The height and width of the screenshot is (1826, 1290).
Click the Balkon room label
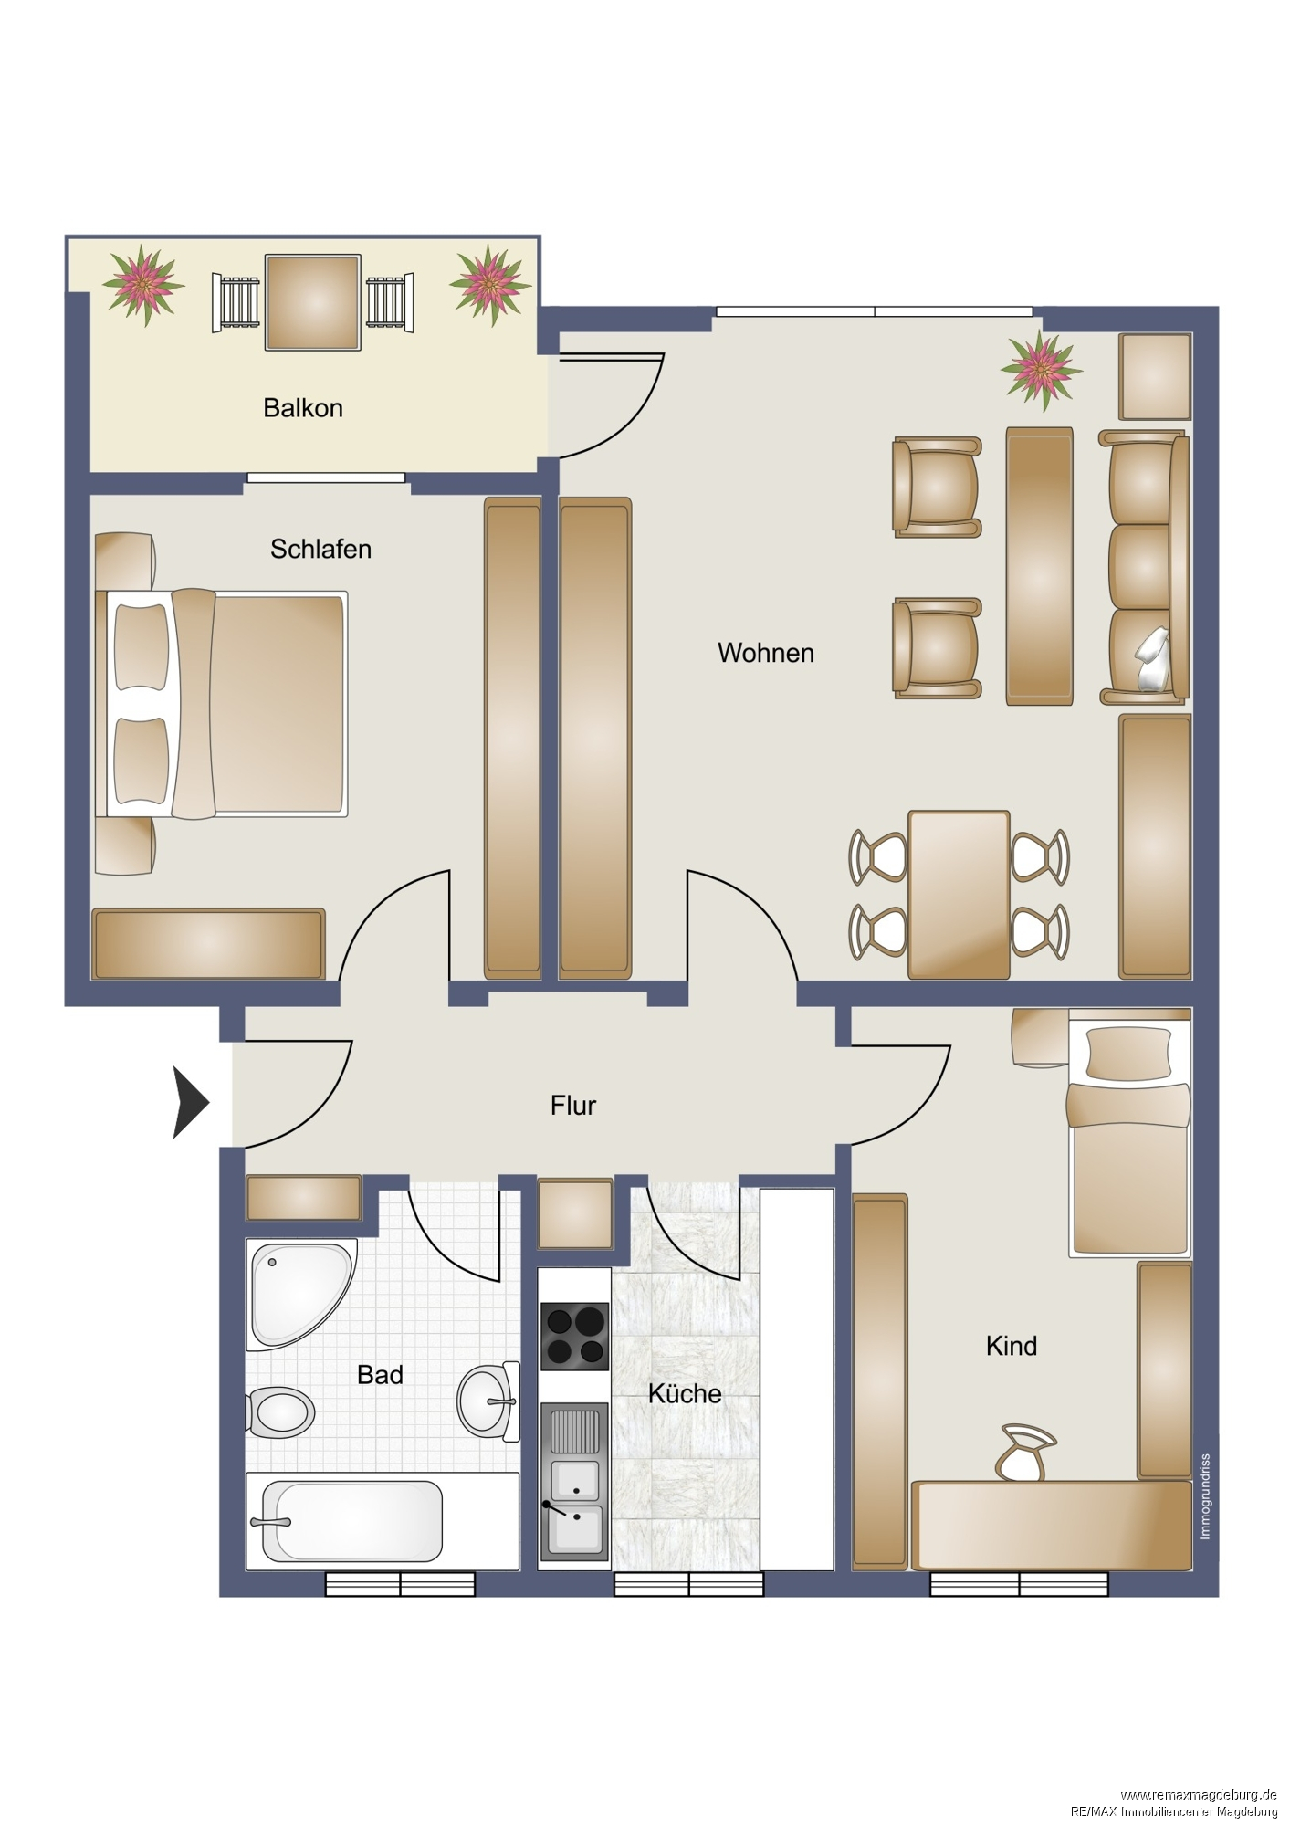click(303, 407)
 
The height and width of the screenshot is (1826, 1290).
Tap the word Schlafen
click(320, 549)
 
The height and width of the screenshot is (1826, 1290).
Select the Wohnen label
click(766, 653)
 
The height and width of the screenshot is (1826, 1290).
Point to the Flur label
click(573, 1106)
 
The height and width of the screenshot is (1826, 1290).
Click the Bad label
click(380, 1374)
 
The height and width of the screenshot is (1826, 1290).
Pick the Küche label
click(685, 1393)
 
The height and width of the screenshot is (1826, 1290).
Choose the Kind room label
click(1012, 1346)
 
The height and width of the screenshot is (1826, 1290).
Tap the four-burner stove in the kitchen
click(575, 1336)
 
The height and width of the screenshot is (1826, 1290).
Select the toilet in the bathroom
click(280, 1412)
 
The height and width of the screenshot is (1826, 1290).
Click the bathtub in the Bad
click(352, 1521)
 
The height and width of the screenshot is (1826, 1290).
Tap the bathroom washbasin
click(488, 1401)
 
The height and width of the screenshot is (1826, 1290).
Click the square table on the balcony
click(312, 302)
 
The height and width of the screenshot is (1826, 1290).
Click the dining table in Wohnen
click(959, 895)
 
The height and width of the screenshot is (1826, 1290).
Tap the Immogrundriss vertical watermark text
click(1205, 1496)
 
